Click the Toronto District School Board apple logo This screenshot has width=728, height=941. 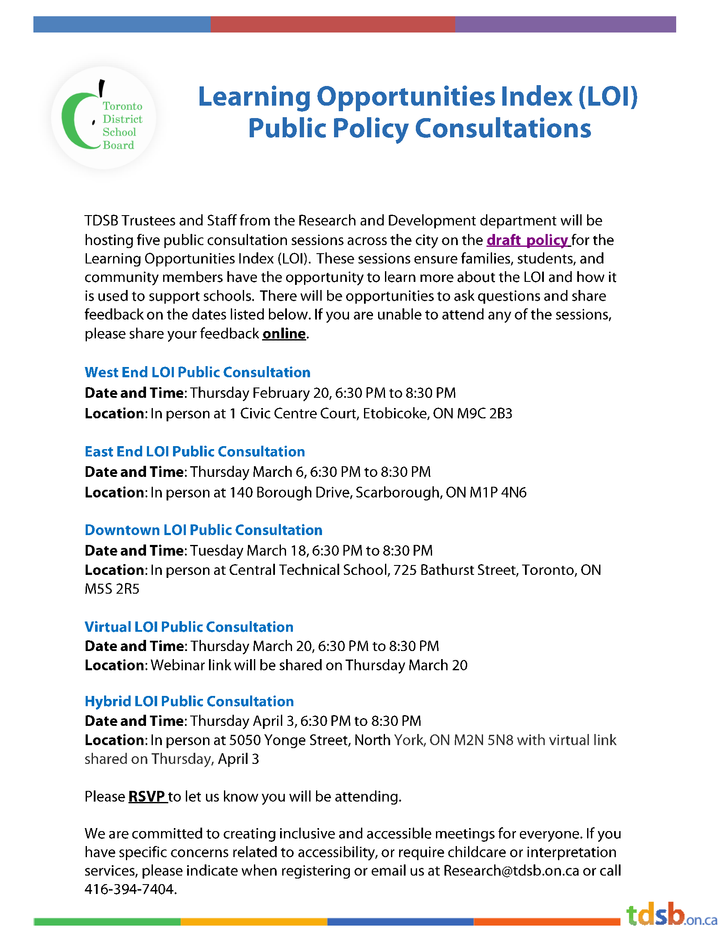pos(103,117)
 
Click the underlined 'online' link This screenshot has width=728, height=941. pos(284,334)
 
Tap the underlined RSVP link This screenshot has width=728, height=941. pos(147,796)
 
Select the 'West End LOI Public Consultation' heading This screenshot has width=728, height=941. pos(197,372)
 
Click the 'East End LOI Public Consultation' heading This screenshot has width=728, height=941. pos(194,451)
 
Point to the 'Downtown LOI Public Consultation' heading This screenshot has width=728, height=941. pos(203,530)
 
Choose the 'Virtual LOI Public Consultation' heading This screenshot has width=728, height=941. pos(189,627)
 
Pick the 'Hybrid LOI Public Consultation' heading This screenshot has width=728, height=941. pos(189,701)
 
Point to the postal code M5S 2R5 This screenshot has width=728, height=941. pos(112,589)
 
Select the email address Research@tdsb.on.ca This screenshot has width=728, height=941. pos(511,870)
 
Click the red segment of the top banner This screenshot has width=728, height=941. pos(332,24)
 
